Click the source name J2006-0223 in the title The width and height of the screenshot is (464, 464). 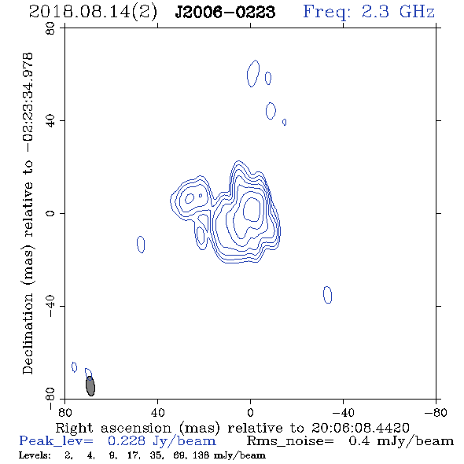tap(225, 12)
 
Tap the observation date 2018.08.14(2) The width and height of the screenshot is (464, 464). tap(93, 13)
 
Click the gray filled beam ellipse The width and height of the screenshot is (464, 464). tap(90, 386)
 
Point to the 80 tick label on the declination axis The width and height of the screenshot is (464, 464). tap(50, 28)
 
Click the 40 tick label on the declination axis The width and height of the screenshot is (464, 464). tap(50, 121)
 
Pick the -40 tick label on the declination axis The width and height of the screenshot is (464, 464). tap(50, 306)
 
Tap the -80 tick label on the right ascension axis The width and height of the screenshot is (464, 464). tap(436, 413)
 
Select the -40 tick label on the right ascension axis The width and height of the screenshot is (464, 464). tap(343, 413)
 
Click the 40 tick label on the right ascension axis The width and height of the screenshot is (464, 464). tap(157, 413)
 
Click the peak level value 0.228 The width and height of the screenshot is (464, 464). tap(127, 441)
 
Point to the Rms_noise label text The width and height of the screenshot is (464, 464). tap(290, 441)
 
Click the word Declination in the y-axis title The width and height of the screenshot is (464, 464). tap(28, 333)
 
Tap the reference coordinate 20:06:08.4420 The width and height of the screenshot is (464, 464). tap(360, 428)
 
